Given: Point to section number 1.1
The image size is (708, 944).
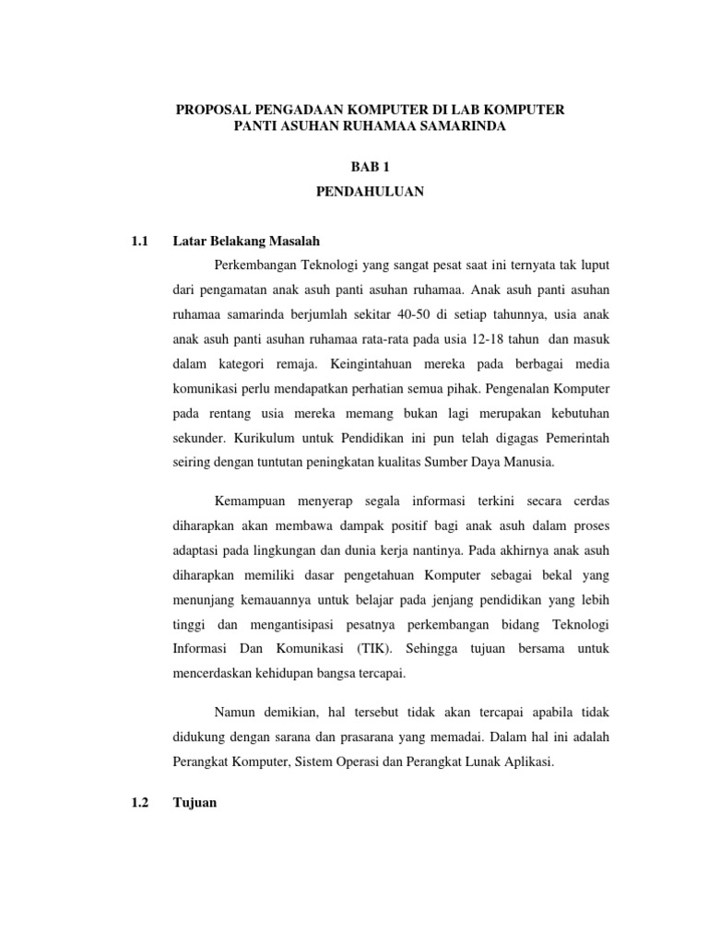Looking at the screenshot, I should point(140,242).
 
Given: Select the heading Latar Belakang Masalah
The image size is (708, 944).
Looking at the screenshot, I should point(246,242).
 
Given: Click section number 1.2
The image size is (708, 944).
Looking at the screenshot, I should point(140,803).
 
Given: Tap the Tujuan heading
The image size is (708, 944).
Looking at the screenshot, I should point(195,803).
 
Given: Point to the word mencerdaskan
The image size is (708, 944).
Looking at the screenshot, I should point(217,673).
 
